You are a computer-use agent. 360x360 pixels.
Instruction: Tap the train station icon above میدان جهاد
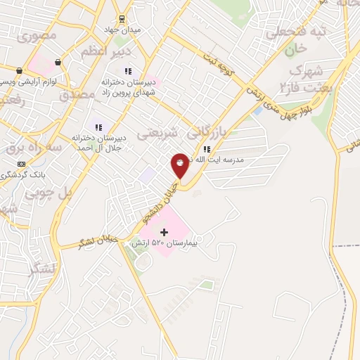122,18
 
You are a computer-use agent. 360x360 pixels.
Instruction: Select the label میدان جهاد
127,31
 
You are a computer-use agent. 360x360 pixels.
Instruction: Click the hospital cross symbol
165,232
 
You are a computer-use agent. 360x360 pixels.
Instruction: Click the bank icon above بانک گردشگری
21,163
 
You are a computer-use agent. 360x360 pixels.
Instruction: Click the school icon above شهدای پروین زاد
128,71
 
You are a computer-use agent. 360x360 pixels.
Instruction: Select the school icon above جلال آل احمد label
99,127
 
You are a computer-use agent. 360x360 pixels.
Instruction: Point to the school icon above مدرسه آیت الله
206,149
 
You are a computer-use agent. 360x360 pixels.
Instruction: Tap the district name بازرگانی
210,131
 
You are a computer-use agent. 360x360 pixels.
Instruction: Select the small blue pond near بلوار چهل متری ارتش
258,110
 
